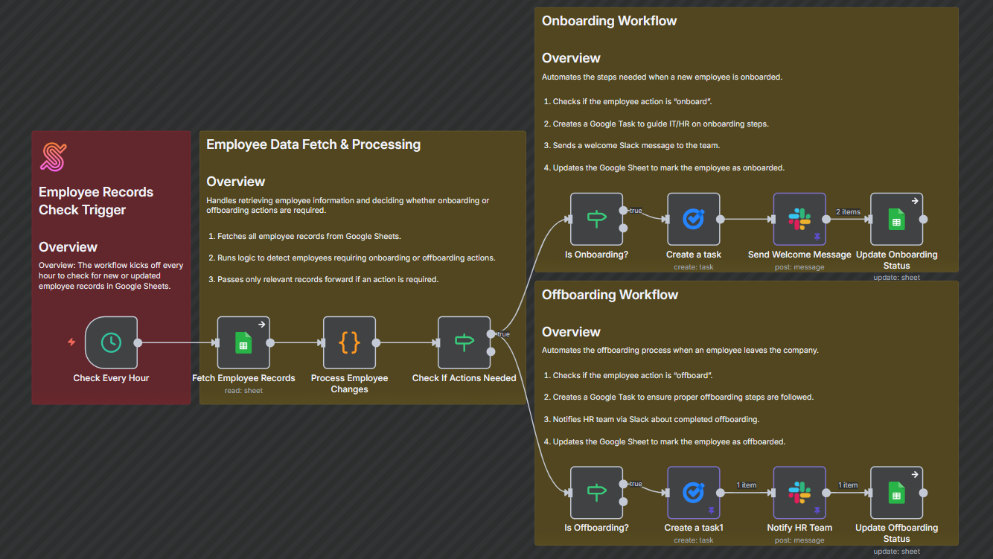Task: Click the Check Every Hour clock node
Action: (111, 342)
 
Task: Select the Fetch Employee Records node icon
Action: (243, 342)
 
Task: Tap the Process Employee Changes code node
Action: (349, 342)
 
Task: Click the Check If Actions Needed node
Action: (464, 342)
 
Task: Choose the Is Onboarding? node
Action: (596, 219)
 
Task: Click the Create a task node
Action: (693, 219)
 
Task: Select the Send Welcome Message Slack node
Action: (799, 219)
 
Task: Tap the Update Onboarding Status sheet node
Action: (896, 219)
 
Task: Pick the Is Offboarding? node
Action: (596, 492)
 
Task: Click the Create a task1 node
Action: (693, 492)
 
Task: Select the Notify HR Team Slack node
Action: (799, 492)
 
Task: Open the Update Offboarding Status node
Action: (896, 492)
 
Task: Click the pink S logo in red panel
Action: (53, 157)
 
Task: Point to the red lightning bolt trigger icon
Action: (71, 342)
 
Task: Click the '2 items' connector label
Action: (848, 212)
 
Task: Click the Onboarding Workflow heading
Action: (609, 21)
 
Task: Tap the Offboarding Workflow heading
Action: (610, 295)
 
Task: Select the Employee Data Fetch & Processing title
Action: (313, 144)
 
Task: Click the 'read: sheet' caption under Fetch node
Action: (243, 390)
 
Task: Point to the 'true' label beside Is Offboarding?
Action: (635, 485)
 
